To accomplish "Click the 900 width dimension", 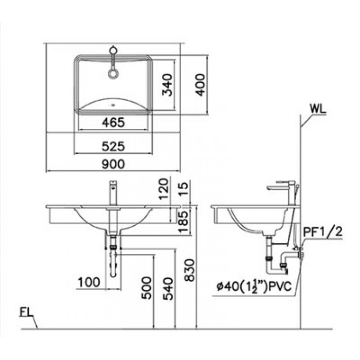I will pyautogui.click(x=113, y=164).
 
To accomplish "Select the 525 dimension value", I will pyautogui.click(x=113, y=145).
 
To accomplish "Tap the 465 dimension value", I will pyautogui.click(x=113, y=123).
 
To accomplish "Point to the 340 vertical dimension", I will pyautogui.click(x=167, y=86).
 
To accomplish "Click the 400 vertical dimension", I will pyautogui.click(x=200, y=86).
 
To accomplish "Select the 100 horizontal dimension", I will pyautogui.click(x=89, y=281).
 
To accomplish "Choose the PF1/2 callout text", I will pyautogui.click(x=323, y=232).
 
